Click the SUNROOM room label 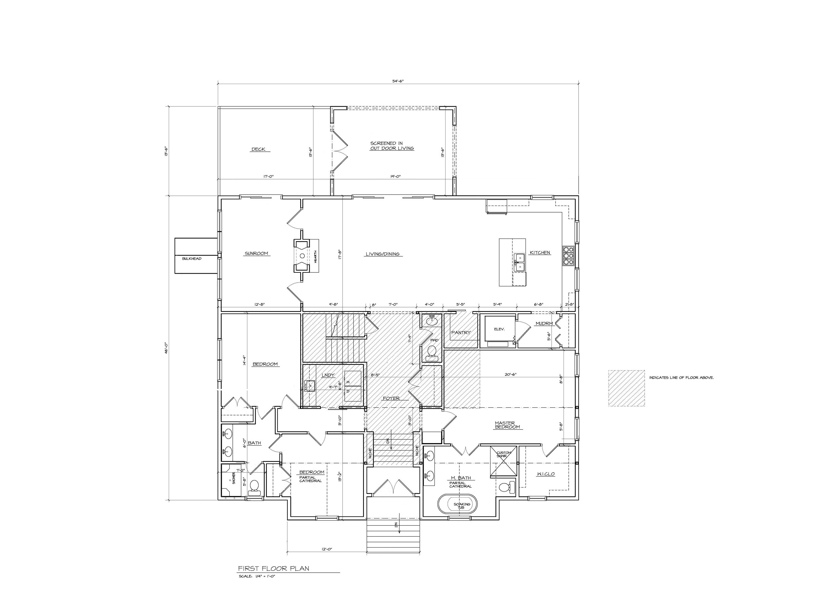256,253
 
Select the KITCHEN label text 540,252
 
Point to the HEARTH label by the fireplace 315,256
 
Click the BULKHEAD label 192,258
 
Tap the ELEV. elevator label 499,329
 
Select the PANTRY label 461,332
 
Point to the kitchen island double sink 520,263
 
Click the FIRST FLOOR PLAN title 273,568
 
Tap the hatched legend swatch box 626,388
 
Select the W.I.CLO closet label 545,474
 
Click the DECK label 258,149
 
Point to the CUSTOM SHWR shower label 504,454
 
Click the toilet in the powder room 432,352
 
